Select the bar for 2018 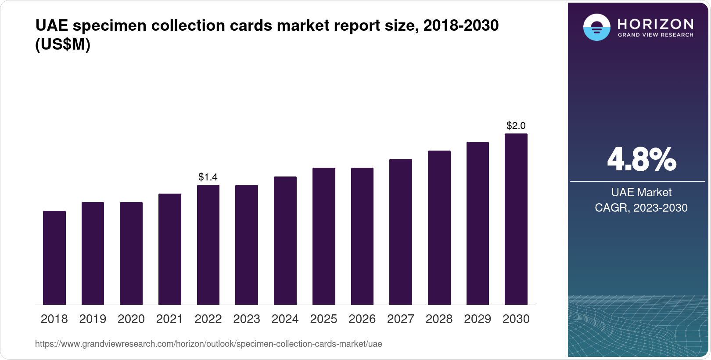(54, 258)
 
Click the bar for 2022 (208, 245)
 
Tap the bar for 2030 (516, 219)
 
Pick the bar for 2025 (324, 236)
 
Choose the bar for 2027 (401, 232)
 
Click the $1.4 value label (208, 177)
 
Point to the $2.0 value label (516, 126)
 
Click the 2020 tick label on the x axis (131, 319)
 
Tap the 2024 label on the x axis (285, 319)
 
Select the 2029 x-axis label (478, 319)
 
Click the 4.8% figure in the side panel (641, 160)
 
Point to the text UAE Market (641, 192)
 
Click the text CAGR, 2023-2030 (641, 208)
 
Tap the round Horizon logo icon (596, 27)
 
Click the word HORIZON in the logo (655, 24)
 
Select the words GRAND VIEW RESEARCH (655, 35)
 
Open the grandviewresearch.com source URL (208, 344)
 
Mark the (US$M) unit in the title (63, 44)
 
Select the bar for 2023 (247, 245)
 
